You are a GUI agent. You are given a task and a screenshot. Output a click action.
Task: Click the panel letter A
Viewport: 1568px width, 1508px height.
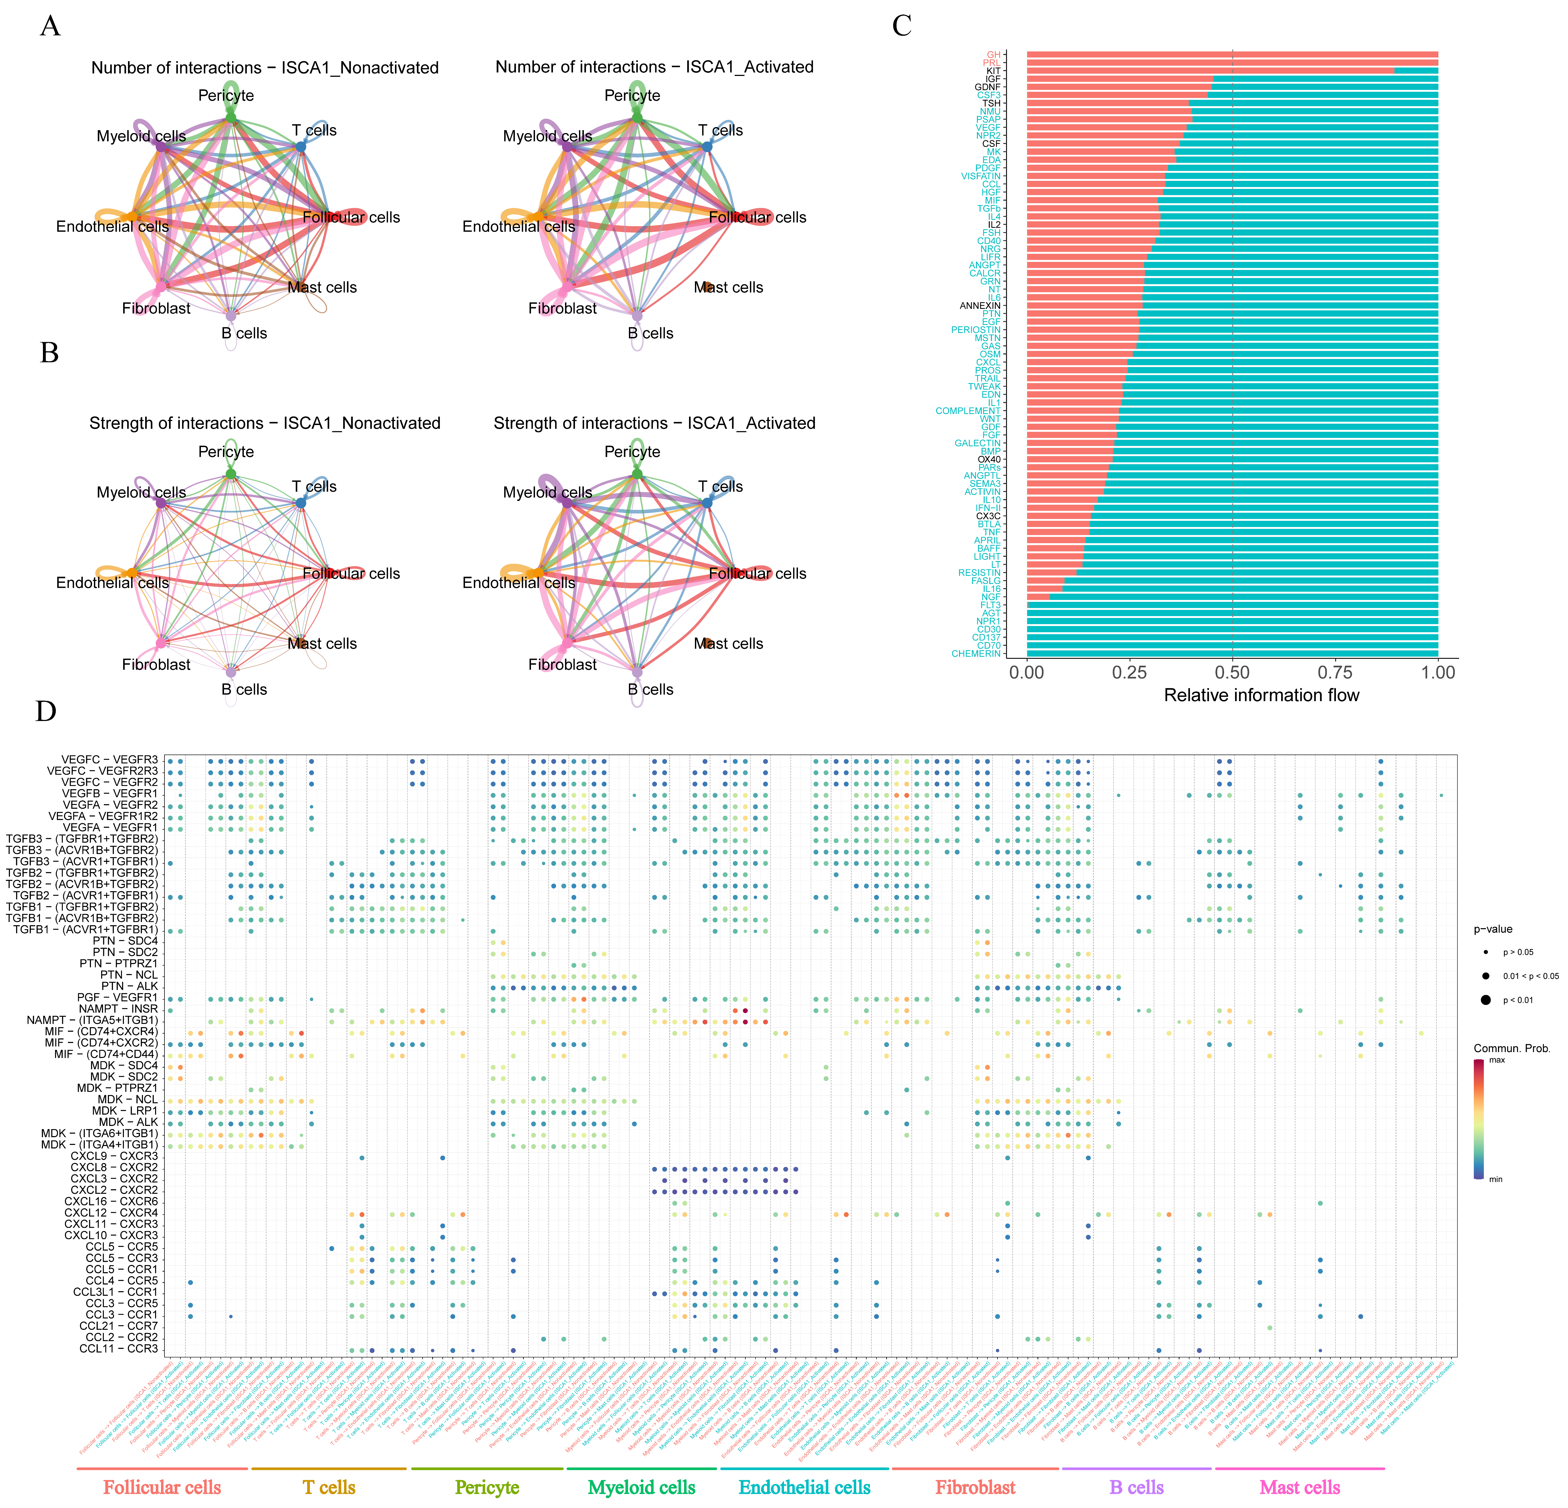tap(50, 26)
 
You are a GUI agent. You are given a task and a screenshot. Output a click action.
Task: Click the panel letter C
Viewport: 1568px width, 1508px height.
tap(902, 26)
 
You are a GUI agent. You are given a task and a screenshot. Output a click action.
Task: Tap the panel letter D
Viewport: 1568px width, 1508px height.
tap(46, 711)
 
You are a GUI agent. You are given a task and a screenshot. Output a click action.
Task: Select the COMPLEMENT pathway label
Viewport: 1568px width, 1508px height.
tap(968, 410)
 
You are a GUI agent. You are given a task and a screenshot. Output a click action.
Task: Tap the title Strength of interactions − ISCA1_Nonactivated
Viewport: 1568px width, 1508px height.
tap(265, 423)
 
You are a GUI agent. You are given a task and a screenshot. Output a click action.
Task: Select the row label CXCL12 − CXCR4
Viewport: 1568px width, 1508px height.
tap(111, 1213)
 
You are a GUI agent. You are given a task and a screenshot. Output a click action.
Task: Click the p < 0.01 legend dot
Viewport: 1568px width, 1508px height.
tap(1486, 1000)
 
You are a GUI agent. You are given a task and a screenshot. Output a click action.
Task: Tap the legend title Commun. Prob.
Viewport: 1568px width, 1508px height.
tap(1511, 1048)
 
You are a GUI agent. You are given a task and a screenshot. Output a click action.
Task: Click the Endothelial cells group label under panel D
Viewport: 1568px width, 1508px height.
tap(804, 1487)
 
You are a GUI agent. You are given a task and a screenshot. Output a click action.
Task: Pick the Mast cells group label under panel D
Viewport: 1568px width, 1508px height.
tap(1299, 1487)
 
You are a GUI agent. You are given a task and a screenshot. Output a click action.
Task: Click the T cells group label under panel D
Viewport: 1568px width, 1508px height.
tap(329, 1487)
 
